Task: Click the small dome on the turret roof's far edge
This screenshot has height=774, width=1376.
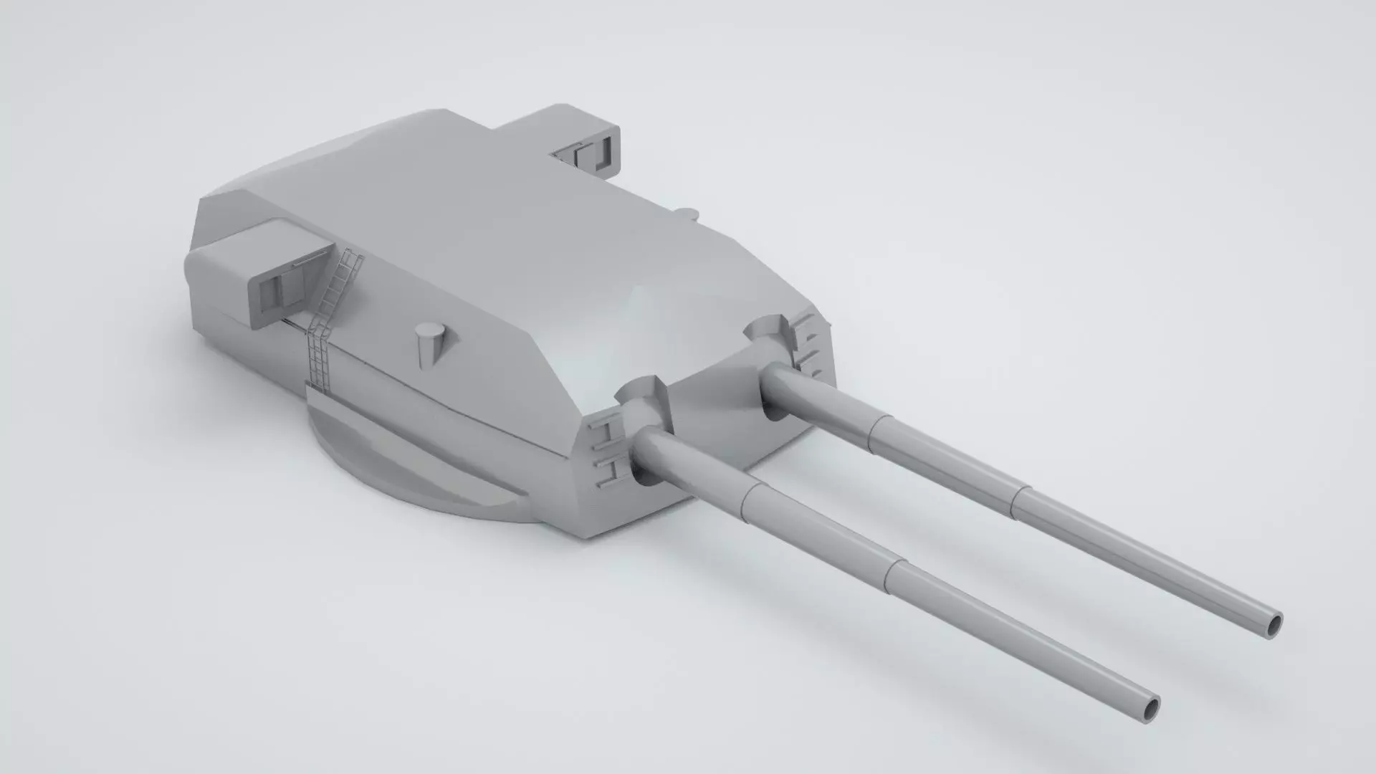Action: (x=686, y=213)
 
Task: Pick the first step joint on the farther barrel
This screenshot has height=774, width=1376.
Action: (x=874, y=430)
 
